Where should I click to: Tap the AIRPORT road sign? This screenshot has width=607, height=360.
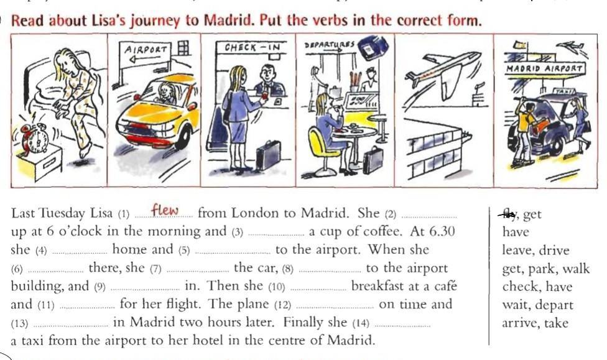(x=146, y=55)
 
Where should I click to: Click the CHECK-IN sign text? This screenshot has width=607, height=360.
(x=252, y=48)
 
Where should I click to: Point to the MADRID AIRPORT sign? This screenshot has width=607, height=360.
(x=544, y=68)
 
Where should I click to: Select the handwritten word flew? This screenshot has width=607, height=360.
(x=165, y=210)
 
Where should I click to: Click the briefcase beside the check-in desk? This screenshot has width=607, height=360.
(x=268, y=155)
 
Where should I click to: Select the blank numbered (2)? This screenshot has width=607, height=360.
(x=429, y=217)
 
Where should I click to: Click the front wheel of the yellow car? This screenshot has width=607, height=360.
(x=183, y=138)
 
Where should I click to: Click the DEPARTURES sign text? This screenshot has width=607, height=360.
(x=330, y=44)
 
